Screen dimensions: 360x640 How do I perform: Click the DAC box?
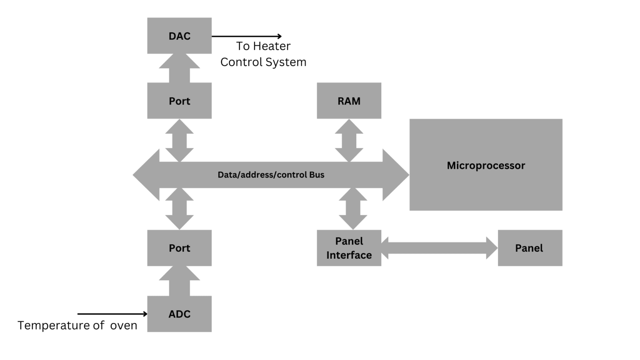[179, 36]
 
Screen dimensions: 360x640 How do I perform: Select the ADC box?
[179, 314]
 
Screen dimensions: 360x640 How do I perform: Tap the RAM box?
[349, 101]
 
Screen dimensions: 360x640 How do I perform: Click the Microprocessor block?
[485, 165]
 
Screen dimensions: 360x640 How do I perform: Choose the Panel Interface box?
[349, 248]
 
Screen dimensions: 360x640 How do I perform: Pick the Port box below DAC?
[179, 101]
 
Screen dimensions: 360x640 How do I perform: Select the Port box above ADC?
[179, 248]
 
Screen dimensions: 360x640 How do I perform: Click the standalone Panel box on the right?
[530, 248]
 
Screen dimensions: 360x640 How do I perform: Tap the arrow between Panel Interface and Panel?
[439, 248]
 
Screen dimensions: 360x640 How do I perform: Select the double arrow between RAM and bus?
[349, 140]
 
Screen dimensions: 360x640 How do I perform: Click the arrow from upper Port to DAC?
[179, 68]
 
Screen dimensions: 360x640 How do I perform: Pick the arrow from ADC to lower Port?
[179, 281]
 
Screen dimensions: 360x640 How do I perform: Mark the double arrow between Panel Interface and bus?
[352, 209]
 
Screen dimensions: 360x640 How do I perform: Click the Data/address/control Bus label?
[271, 175]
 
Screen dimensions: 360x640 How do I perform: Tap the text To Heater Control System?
[263, 54]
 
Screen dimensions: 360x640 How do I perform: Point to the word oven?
[124, 325]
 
